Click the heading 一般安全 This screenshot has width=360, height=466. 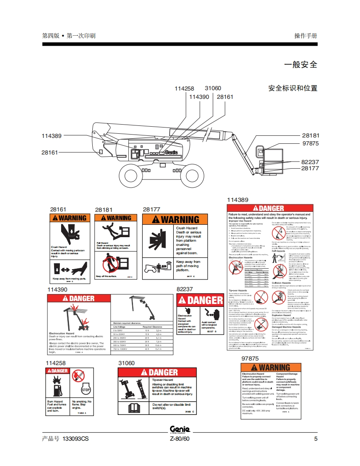[300, 65]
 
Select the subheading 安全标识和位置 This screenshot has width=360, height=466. [293, 88]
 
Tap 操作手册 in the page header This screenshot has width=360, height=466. [306, 36]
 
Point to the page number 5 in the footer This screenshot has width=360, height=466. [316, 439]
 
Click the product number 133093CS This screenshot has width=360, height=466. [75, 439]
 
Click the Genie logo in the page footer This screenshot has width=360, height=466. [180, 429]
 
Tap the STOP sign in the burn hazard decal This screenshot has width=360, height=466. [86, 390]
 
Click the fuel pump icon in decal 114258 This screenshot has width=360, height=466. [57, 390]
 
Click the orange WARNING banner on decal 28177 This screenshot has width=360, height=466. [171, 219]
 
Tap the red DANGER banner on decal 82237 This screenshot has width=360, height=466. [200, 300]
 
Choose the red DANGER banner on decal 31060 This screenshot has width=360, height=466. [157, 373]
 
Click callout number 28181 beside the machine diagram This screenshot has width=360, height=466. [310, 136]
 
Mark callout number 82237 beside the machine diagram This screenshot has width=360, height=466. [310, 162]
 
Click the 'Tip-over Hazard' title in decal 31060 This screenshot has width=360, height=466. [163, 380]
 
